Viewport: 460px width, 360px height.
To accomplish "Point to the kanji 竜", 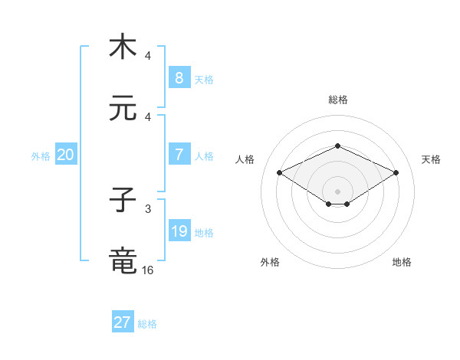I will coord(123,260).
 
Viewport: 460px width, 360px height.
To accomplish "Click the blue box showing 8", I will coord(179,77).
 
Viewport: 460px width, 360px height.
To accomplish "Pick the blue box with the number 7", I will coord(179,155).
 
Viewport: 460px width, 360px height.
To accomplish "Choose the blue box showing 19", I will coord(179,231).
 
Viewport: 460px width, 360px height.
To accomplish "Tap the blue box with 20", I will coord(66,155).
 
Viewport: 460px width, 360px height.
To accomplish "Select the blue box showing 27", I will coord(123,322).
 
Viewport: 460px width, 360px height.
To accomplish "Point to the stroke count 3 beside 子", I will coord(148,208).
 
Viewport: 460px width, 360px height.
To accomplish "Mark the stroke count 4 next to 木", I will coord(148,56).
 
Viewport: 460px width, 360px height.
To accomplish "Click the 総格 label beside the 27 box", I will coord(147,324).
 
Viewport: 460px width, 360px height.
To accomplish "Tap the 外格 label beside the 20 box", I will coord(41,155).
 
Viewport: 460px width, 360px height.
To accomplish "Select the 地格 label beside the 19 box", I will coord(204,232).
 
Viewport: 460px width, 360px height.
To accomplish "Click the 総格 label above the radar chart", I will coord(337,100).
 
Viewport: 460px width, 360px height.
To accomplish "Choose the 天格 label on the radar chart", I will coord(431,159).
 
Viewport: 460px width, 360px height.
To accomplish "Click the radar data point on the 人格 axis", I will coord(279,172).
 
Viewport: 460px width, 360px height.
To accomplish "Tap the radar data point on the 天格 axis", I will coord(396,172).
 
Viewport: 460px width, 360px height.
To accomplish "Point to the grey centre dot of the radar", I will coord(337,190).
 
